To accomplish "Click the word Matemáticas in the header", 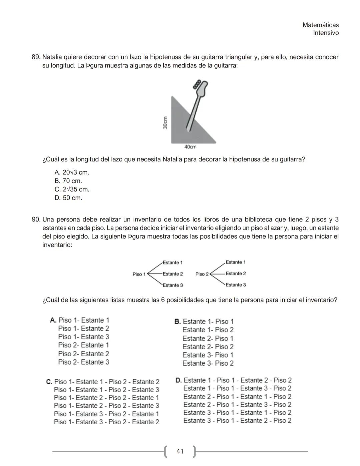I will coord(320,25).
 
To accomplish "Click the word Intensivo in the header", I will coord(326,33).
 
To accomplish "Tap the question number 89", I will coord(36,57).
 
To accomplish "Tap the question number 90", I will coord(36,219).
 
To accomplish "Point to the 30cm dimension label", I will coord(165,122).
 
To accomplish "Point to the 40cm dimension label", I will coord(190,147).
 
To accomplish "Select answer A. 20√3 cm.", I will coord(72,172).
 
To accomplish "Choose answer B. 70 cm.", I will coord(68,181).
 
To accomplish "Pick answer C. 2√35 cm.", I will coord(72,189).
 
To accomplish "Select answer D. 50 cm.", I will coord(68,198).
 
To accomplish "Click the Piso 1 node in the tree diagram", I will coord(139,274).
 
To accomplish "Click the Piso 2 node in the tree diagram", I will coord(202,274).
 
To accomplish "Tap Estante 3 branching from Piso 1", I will coord(173,285).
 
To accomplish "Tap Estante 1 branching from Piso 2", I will coord(236,262).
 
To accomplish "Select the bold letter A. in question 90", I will coord(53,320).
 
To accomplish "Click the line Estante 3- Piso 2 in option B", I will coord(208,363).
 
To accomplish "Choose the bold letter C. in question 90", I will coord(49,382).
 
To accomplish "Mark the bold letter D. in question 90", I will coord(178,380).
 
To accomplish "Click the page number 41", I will coord(180,451).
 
